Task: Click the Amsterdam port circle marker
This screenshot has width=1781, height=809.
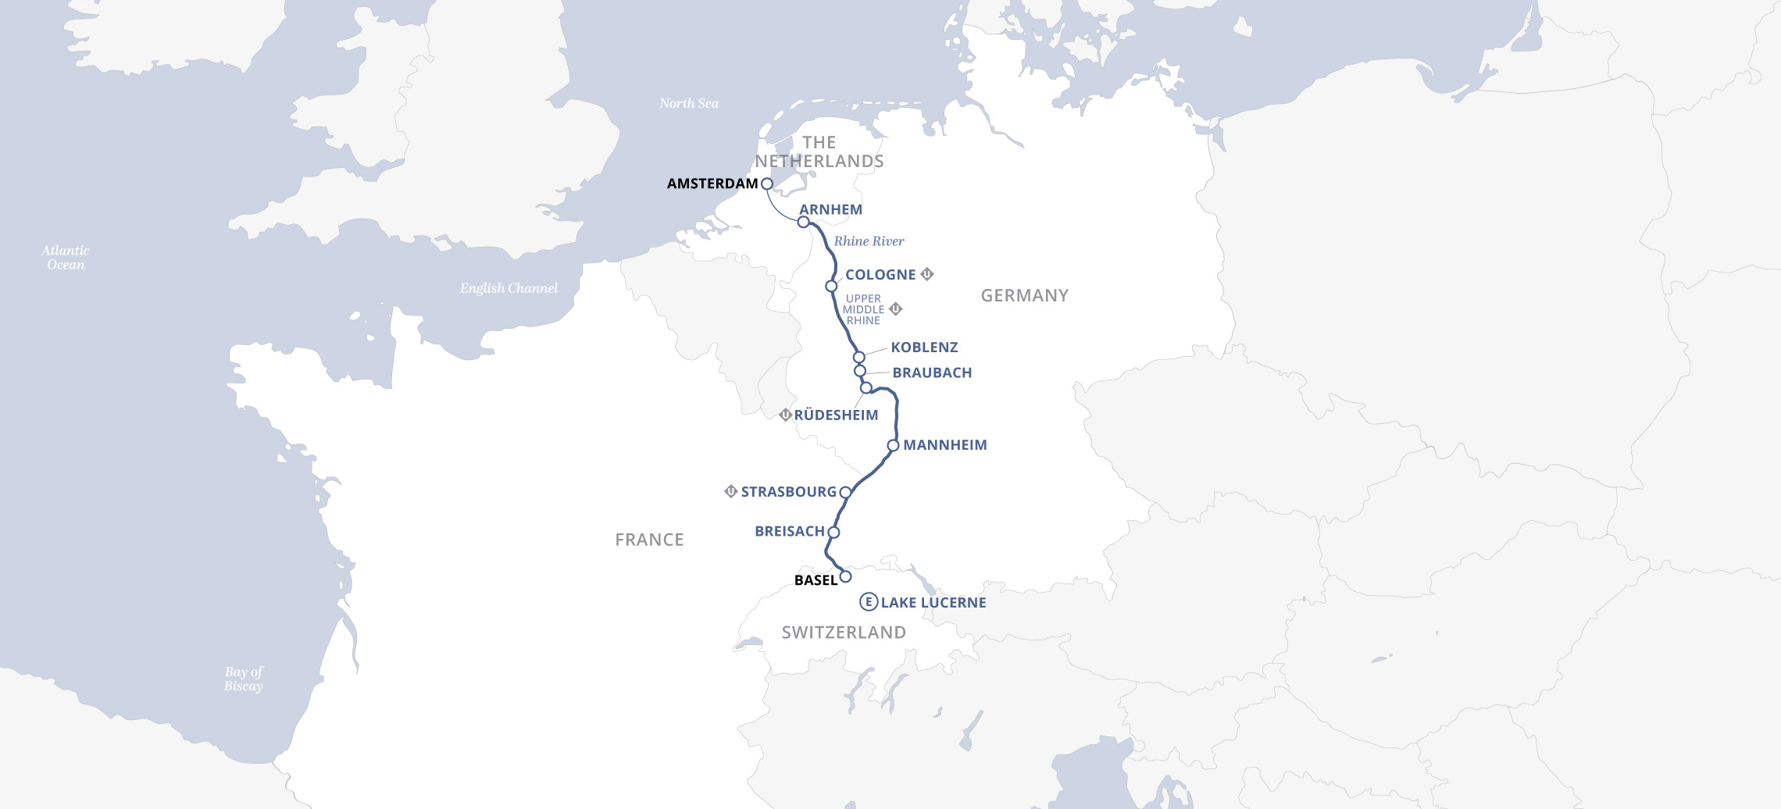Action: coord(766,184)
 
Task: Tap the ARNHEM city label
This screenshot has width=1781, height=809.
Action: coord(830,209)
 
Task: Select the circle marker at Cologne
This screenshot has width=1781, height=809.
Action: coord(831,286)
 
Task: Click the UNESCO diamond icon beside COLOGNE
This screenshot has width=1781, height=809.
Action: coord(927,274)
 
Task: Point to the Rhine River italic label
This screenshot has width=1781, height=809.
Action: coord(869,241)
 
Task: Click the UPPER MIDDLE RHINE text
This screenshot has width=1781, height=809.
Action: coord(863,309)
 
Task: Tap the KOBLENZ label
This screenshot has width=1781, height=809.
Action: coord(924,347)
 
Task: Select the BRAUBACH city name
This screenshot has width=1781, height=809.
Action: coord(932,372)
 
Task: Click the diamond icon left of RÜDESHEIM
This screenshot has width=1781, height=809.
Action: coord(785,415)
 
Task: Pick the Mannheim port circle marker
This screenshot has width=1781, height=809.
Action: coord(893,445)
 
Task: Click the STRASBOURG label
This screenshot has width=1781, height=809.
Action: coord(788,491)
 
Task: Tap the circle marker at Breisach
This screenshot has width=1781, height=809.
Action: coord(833,532)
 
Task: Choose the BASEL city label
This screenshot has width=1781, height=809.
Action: coord(816,580)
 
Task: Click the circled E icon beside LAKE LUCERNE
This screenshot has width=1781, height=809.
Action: coord(868,602)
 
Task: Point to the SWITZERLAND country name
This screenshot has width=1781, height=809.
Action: coord(844,633)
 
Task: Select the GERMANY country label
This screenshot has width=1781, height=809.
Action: coord(1024,295)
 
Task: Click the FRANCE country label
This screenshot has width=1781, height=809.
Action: coord(649,540)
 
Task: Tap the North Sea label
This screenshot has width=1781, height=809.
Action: coord(689,103)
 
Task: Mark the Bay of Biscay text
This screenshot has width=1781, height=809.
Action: coord(244,679)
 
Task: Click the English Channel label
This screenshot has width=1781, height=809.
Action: coord(509,288)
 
